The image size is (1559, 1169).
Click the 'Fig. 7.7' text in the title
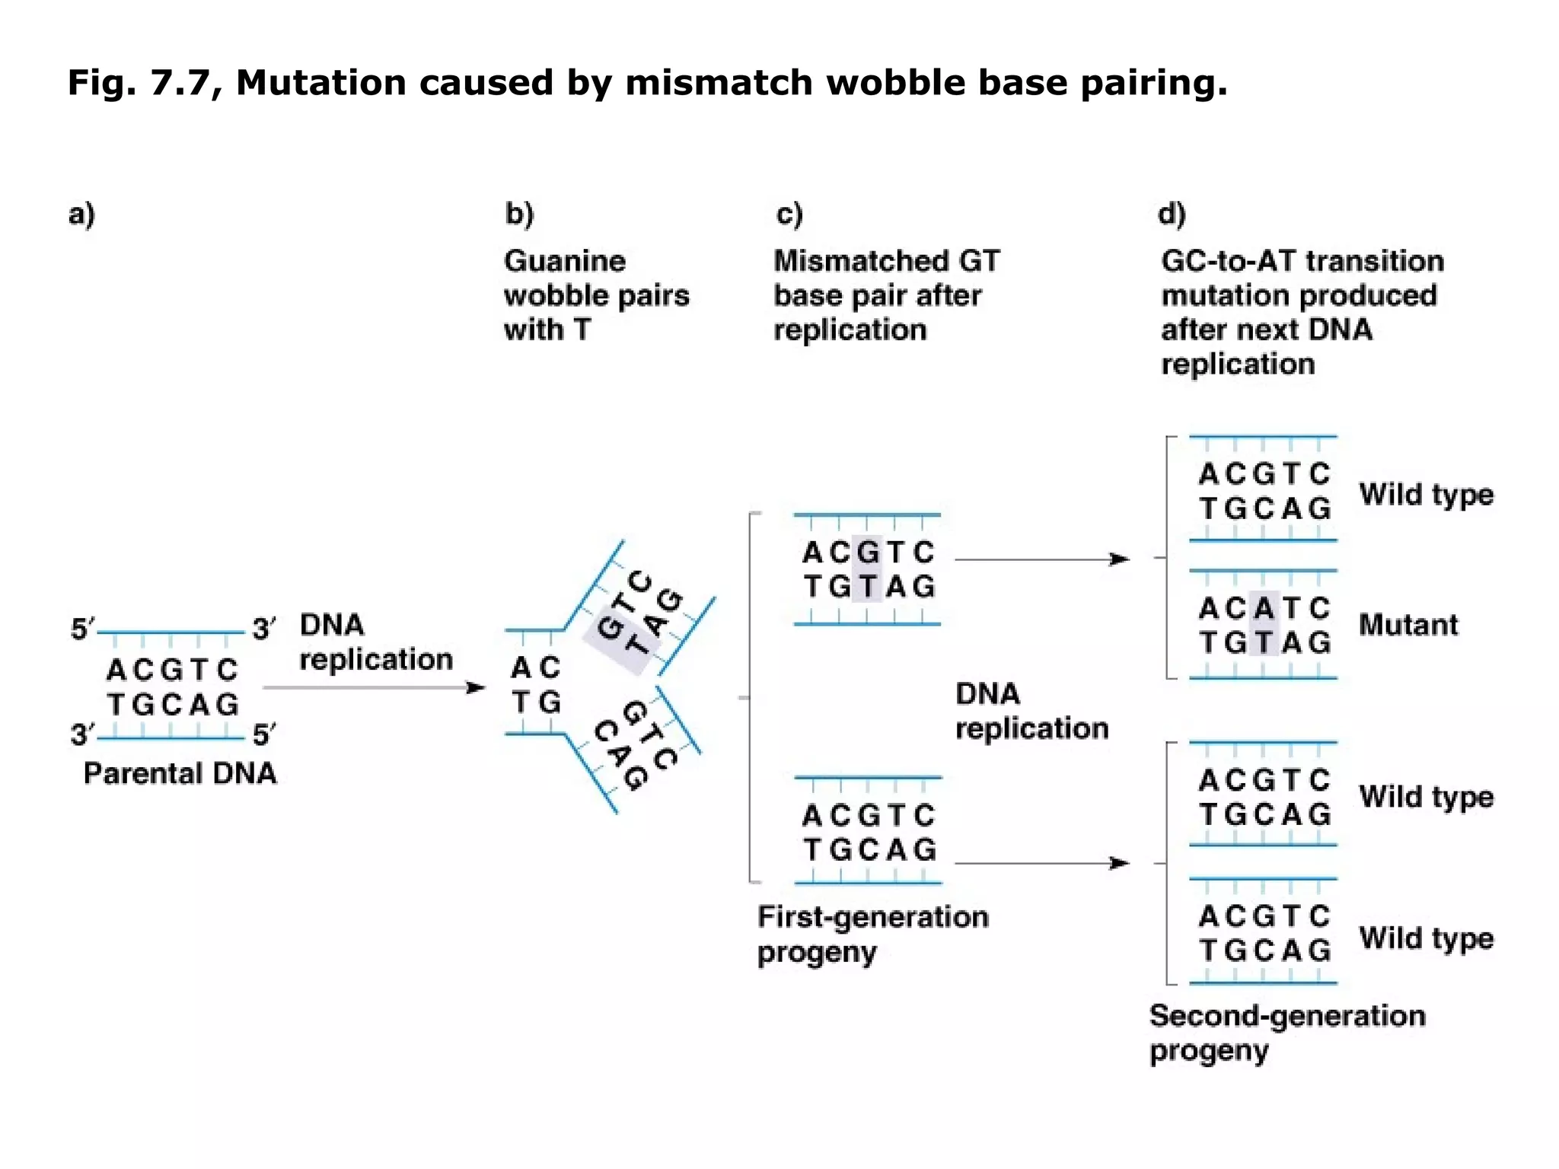138,82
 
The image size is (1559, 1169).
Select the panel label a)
81,214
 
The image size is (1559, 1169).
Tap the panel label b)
519,214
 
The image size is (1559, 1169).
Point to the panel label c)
789,214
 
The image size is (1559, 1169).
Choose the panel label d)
1172,214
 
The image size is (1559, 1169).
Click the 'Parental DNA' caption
180,773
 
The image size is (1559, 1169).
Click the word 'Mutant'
1408,625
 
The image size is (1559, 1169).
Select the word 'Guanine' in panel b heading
564,261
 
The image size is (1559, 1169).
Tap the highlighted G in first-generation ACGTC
867,552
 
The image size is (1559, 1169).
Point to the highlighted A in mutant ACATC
1264,608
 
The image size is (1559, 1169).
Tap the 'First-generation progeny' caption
872,934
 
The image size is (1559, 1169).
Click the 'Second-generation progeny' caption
1286,1033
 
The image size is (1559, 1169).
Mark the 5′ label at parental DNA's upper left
82,629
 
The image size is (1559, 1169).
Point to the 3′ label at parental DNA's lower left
82,734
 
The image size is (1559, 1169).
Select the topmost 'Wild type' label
1426,495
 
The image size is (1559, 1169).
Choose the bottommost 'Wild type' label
1426,938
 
